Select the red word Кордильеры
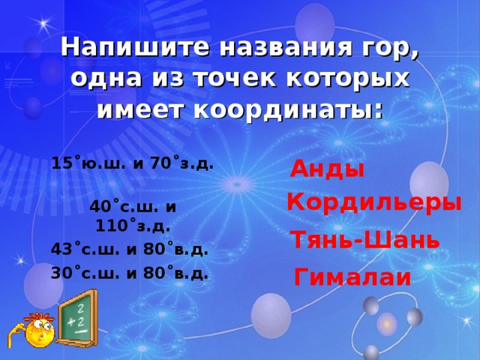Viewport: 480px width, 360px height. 373,202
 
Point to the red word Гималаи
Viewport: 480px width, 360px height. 352,277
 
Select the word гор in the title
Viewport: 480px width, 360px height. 388,49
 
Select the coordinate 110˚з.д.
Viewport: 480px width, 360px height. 133,223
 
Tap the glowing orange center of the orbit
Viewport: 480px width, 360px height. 387,324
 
